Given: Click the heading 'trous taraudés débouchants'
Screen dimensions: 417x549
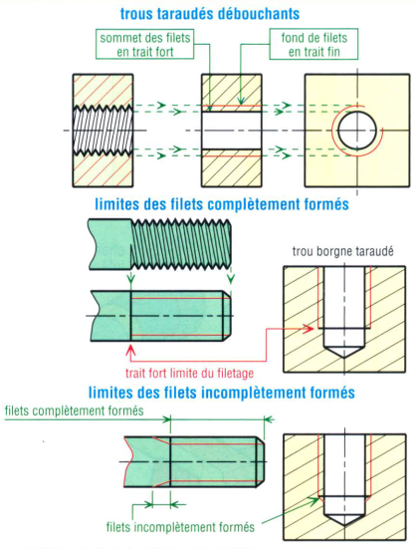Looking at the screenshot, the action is [210, 14].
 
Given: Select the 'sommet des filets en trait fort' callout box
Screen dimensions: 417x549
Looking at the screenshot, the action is [145, 44].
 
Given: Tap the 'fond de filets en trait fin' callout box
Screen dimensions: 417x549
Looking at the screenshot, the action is [313, 44].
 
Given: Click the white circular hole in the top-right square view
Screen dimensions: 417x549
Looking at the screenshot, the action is [357, 131].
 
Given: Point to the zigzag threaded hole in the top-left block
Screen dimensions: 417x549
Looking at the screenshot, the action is [103, 131].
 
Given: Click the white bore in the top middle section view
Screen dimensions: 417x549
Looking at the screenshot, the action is [232, 131].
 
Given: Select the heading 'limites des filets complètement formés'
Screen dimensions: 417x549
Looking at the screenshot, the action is [222, 204].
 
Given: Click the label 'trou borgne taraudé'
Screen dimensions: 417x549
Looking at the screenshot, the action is [342, 251].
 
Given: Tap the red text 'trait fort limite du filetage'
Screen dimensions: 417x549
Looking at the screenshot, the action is [189, 373].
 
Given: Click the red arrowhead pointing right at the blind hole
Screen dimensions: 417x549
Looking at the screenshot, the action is [309, 329].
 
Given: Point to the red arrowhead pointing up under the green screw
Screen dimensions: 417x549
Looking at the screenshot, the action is [130, 350].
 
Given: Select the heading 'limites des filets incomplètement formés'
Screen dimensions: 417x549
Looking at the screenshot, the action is [222, 393].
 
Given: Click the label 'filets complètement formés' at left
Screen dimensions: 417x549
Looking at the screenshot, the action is [75, 411].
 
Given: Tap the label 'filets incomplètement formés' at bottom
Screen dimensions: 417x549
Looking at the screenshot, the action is [180, 527].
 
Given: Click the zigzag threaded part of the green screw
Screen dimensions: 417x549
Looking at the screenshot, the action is [181, 244].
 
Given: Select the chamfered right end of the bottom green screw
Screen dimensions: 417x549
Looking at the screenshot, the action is [261, 461].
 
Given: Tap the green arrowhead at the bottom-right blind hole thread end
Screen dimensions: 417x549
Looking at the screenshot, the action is [314, 499].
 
